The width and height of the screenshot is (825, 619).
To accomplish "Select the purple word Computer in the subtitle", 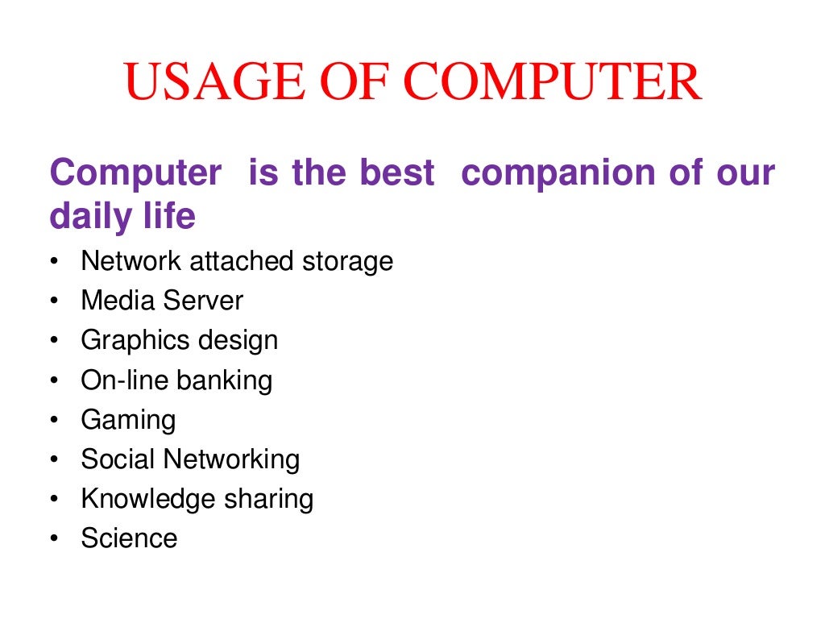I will click(x=135, y=173).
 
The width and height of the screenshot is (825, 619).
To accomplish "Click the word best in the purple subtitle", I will click(x=396, y=173).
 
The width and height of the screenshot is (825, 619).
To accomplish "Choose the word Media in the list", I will click(x=118, y=301).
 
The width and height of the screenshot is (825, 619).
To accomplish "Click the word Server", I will click(x=202, y=301).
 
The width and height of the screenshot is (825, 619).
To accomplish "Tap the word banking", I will click(x=225, y=380).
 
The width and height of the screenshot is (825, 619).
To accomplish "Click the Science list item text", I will click(x=129, y=538).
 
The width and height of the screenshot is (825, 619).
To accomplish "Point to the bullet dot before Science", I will click(x=53, y=539).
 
